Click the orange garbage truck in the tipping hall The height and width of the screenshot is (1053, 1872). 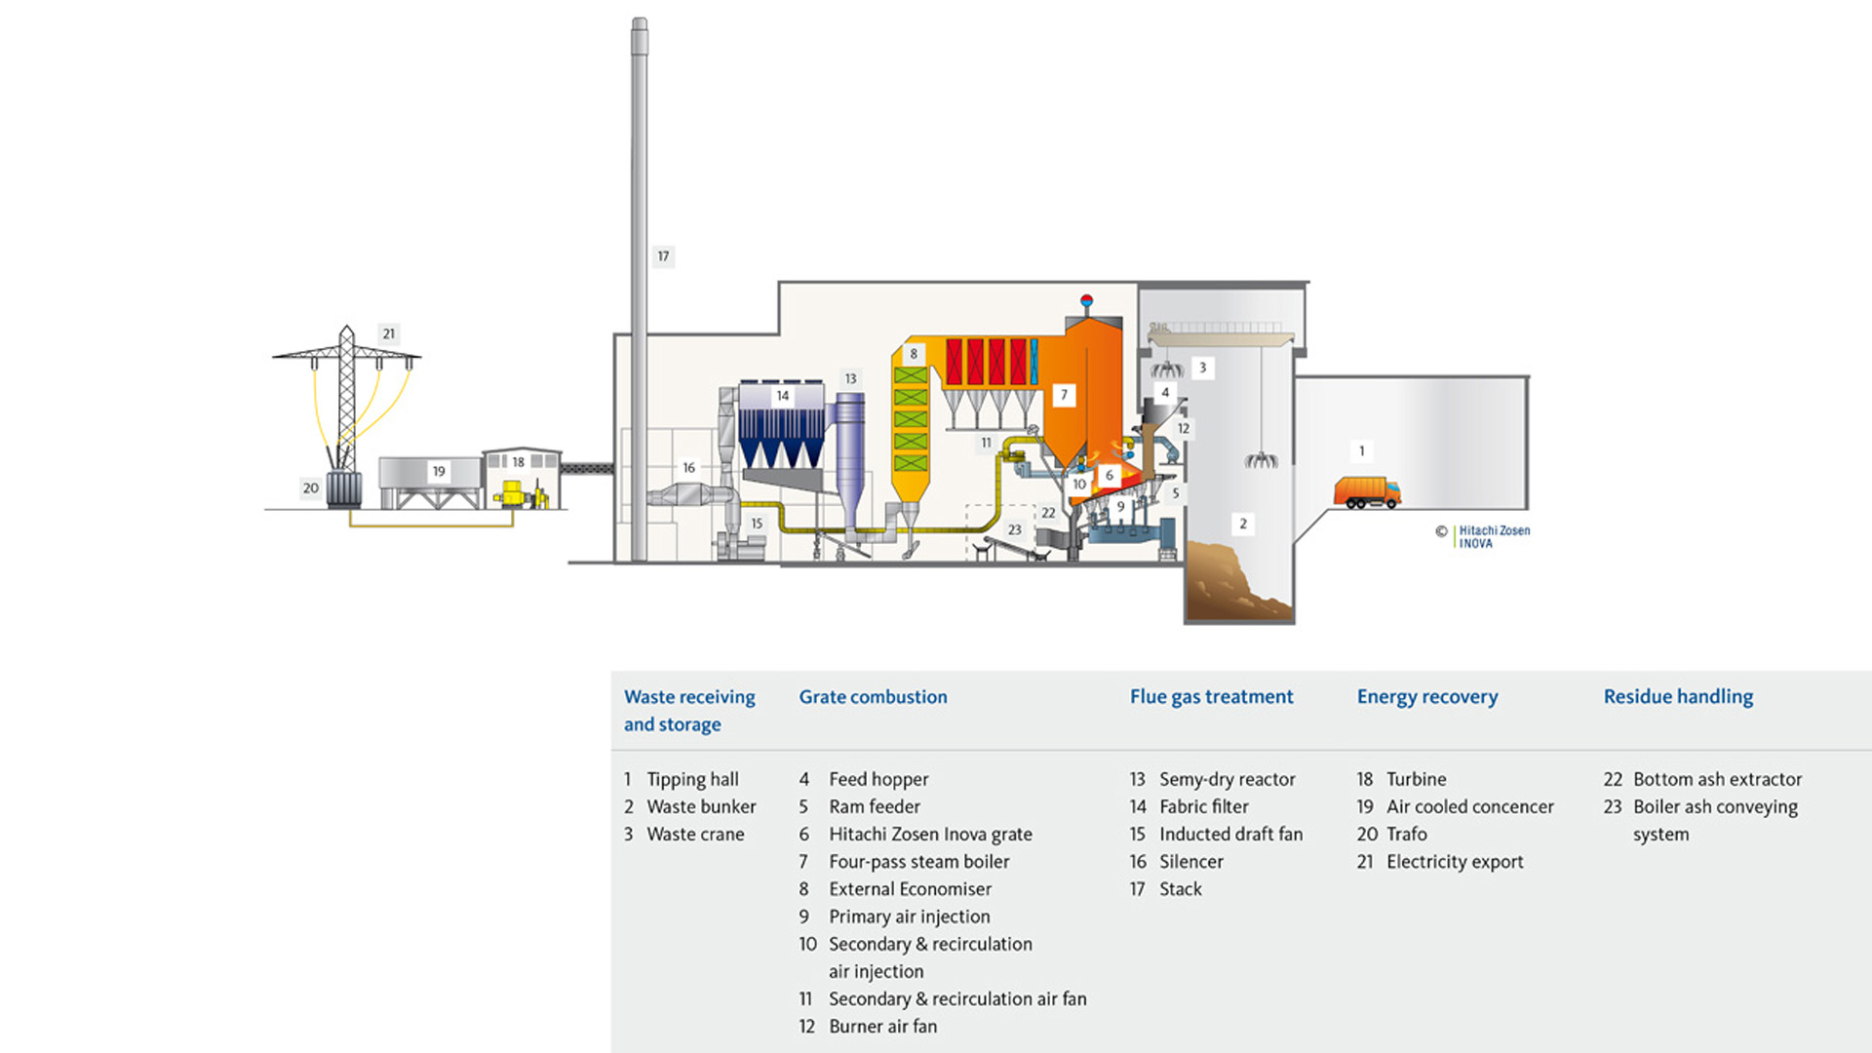click(x=1367, y=492)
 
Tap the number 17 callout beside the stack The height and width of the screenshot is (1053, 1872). click(x=663, y=256)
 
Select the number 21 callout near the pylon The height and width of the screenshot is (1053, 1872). click(x=389, y=333)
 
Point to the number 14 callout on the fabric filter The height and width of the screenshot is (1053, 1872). click(x=782, y=396)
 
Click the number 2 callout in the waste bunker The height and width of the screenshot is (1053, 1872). click(x=1243, y=524)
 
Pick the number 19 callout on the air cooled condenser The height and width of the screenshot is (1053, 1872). click(x=439, y=471)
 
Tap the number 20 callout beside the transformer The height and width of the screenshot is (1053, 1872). click(x=310, y=488)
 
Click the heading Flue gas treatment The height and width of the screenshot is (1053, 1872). click(x=1211, y=696)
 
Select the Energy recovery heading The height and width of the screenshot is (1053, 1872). click(x=1426, y=696)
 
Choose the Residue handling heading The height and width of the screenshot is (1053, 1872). click(x=1678, y=696)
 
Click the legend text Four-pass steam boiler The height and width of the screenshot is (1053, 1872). click(x=918, y=862)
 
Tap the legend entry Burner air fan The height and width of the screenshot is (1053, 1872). click(x=882, y=1027)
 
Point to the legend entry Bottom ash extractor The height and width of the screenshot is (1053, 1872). click(x=1717, y=779)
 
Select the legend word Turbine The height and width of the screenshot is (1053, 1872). click(x=1416, y=779)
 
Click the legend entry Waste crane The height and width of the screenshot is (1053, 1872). click(x=695, y=835)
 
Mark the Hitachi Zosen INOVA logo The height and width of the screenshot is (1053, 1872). click(x=1493, y=537)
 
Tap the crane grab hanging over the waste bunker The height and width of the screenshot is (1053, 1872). click(x=1261, y=459)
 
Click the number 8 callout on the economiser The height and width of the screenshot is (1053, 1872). click(x=914, y=354)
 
